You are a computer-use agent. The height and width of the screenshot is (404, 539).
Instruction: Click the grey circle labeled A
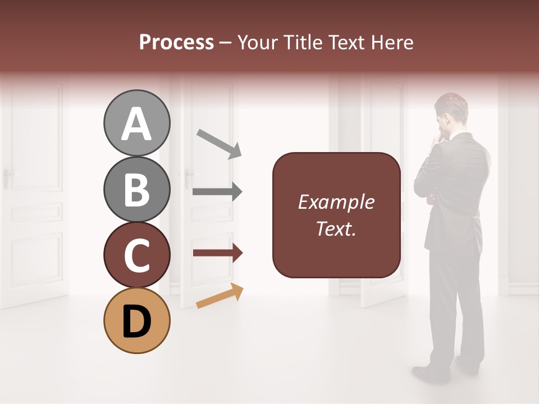click(136, 123)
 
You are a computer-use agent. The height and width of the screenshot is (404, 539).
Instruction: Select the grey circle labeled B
click(136, 189)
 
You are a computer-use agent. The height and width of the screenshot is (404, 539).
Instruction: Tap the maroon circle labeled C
click(136, 255)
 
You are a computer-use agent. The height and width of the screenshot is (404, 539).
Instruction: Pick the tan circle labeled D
click(136, 320)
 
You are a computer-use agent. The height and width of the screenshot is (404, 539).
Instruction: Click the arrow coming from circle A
click(218, 143)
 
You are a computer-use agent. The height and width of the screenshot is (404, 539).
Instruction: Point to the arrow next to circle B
click(217, 191)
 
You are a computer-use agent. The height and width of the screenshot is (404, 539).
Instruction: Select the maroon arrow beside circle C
click(217, 253)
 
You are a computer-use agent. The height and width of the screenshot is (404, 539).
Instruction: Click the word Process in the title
click(176, 43)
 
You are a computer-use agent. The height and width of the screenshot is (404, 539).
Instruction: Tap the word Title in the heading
click(303, 43)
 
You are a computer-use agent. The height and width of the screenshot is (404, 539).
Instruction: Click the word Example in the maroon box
click(336, 202)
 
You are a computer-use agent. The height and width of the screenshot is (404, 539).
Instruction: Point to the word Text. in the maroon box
click(336, 228)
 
